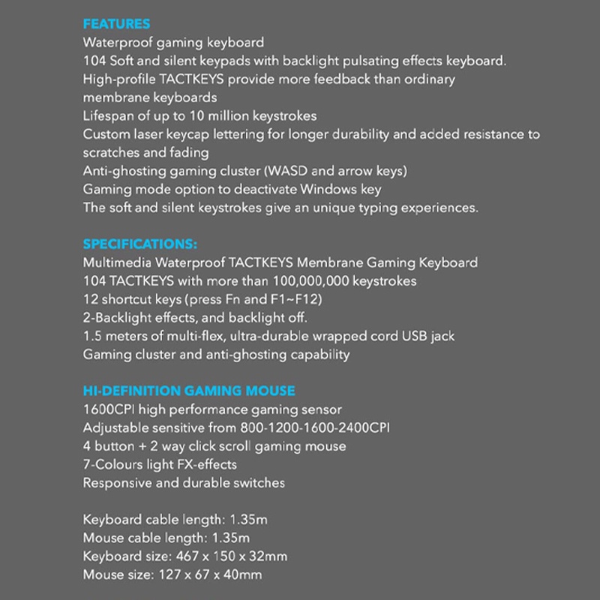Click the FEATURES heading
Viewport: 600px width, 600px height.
(x=116, y=24)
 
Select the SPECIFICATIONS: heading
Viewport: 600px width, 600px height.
(x=140, y=244)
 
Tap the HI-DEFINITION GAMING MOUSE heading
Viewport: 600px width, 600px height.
(x=189, y=391)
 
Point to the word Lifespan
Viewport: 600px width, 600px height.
(x=109, y=115)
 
